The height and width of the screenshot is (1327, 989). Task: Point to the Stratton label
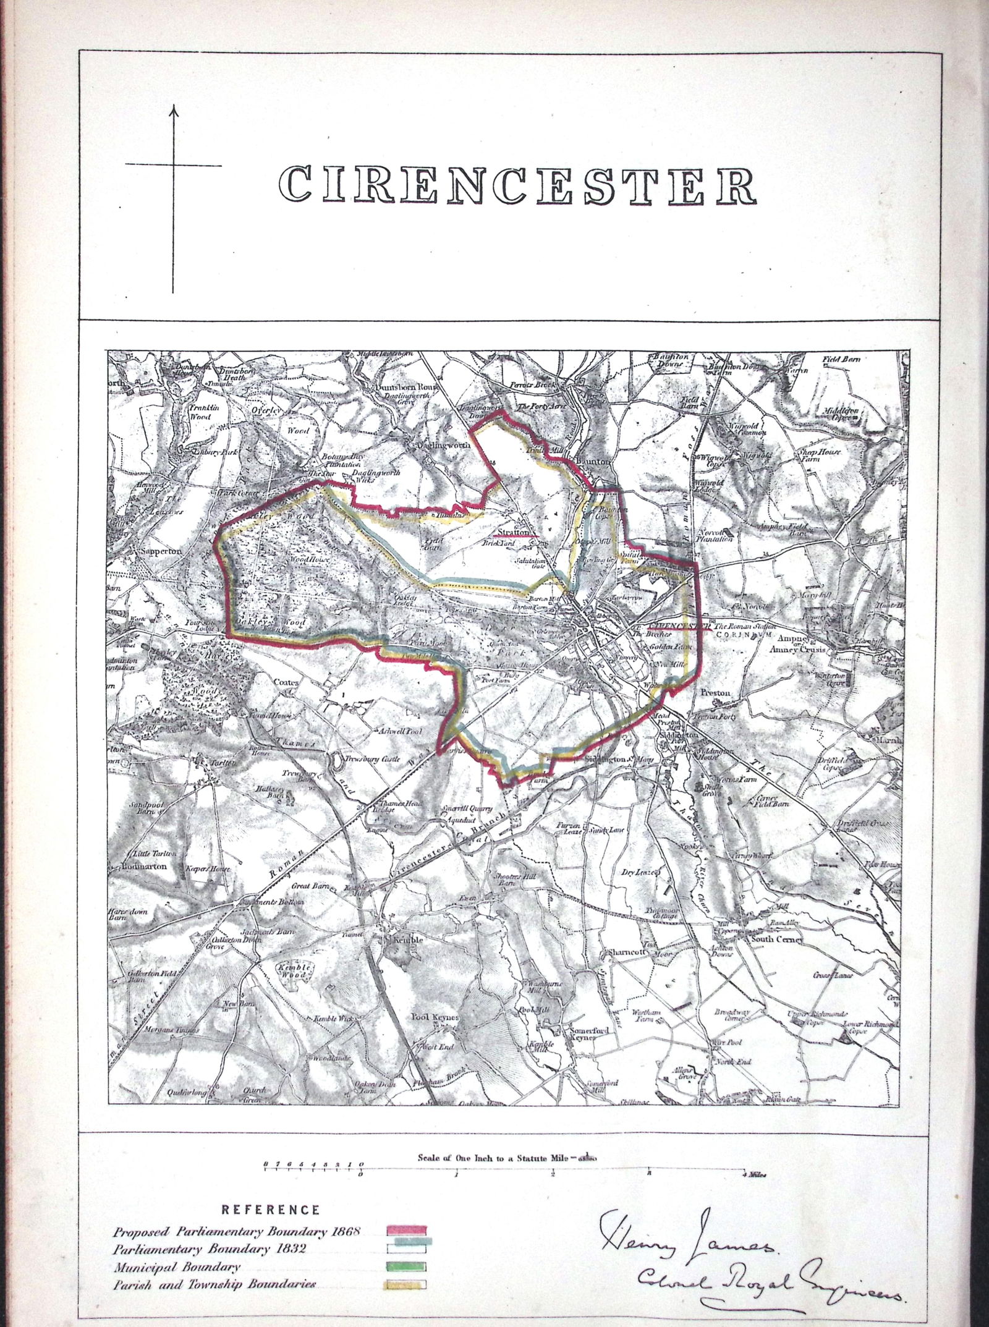[x=512, y=532]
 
